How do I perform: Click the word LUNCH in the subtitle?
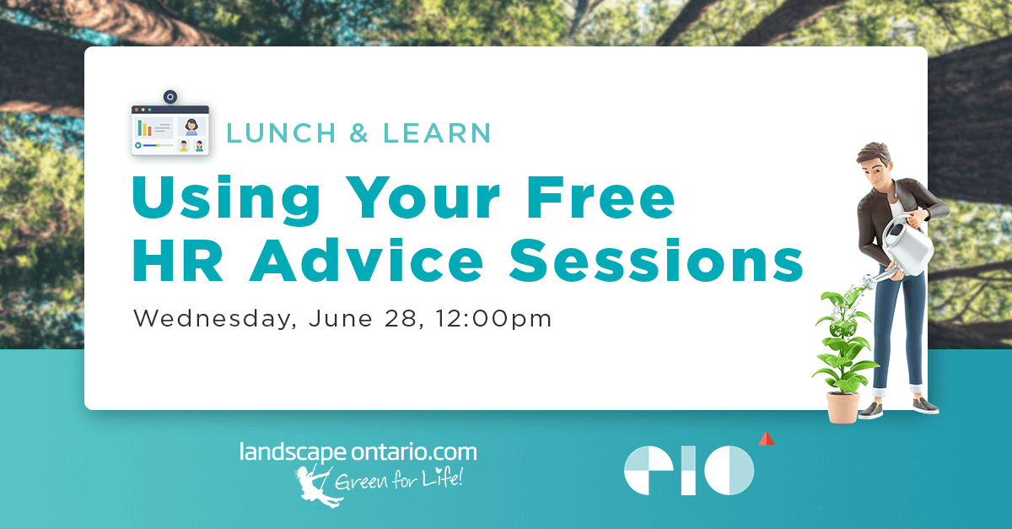281,133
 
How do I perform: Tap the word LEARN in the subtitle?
437,133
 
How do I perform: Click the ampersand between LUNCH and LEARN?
359,133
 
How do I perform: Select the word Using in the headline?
226,199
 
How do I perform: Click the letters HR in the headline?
177,260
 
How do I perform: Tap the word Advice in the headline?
367,260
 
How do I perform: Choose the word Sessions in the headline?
656,260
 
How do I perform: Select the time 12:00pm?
494,319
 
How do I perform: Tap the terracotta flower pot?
843,407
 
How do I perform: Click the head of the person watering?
875,165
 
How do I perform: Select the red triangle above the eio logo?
767,438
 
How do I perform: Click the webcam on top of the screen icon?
170,97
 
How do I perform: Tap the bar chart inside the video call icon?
144,128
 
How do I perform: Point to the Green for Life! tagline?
399,479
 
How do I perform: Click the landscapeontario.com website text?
358,452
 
